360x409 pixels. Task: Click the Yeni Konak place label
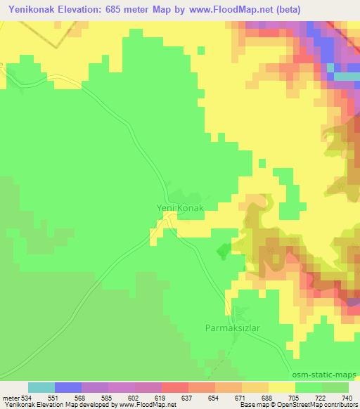click(179, 208)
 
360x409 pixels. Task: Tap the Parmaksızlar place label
click(233, 328)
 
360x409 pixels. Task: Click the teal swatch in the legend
click(41, 387)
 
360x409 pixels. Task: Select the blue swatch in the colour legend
click(68, 387)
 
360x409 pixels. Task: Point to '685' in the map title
click(131, 11)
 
